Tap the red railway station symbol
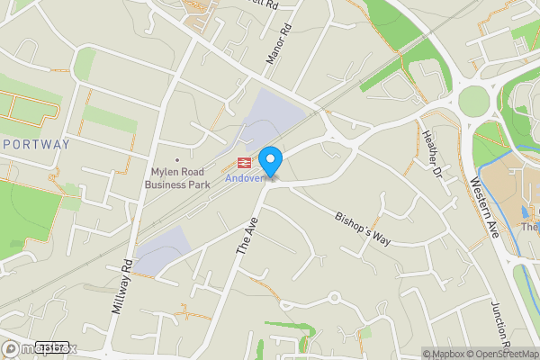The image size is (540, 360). click(x=243, y=162)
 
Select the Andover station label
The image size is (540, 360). click(x=245, y=177)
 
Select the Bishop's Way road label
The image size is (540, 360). click(x=363, y=229)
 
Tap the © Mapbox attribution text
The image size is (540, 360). click(x=444, y=353)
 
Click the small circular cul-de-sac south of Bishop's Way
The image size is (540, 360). click(x=334, y=296)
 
